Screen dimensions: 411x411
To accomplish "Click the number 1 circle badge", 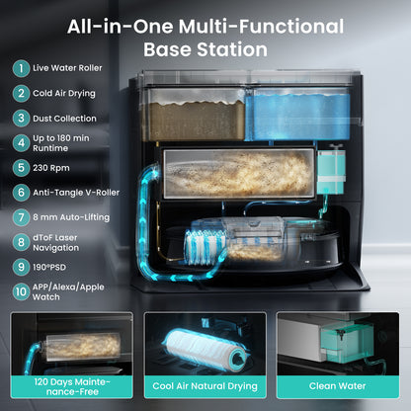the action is (21, 68).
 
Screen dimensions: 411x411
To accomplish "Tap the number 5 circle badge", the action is (21, 168).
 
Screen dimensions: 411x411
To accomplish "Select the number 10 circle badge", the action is (21, 291).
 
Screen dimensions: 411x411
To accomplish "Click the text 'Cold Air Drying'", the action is (64, 94).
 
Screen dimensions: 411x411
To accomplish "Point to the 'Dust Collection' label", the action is (64, 119).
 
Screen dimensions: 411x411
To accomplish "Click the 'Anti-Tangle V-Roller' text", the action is (76, 193).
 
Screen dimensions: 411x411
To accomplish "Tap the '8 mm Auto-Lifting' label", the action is (71, 217).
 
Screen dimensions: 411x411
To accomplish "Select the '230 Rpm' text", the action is (51, 168).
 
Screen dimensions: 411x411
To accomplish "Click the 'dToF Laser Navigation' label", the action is (55, 243).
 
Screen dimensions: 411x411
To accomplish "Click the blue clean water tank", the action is (298, 116).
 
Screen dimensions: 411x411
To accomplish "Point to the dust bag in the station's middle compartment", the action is (238, 174).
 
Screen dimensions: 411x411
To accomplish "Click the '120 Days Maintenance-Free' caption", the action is (72, 387).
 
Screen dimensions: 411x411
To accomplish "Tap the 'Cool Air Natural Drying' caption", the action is (205, 386).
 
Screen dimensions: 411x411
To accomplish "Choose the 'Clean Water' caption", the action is (338, 386).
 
